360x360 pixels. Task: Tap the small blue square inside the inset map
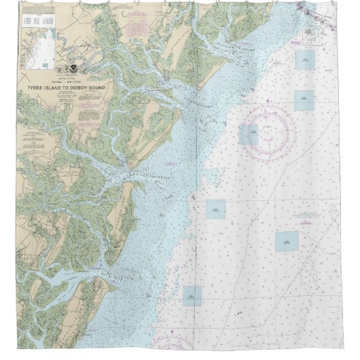tap(45, 65)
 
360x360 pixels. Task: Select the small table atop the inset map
tap(35, 20)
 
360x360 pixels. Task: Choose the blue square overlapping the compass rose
tap(249, 134)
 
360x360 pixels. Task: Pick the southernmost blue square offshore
tap(192, 295)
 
